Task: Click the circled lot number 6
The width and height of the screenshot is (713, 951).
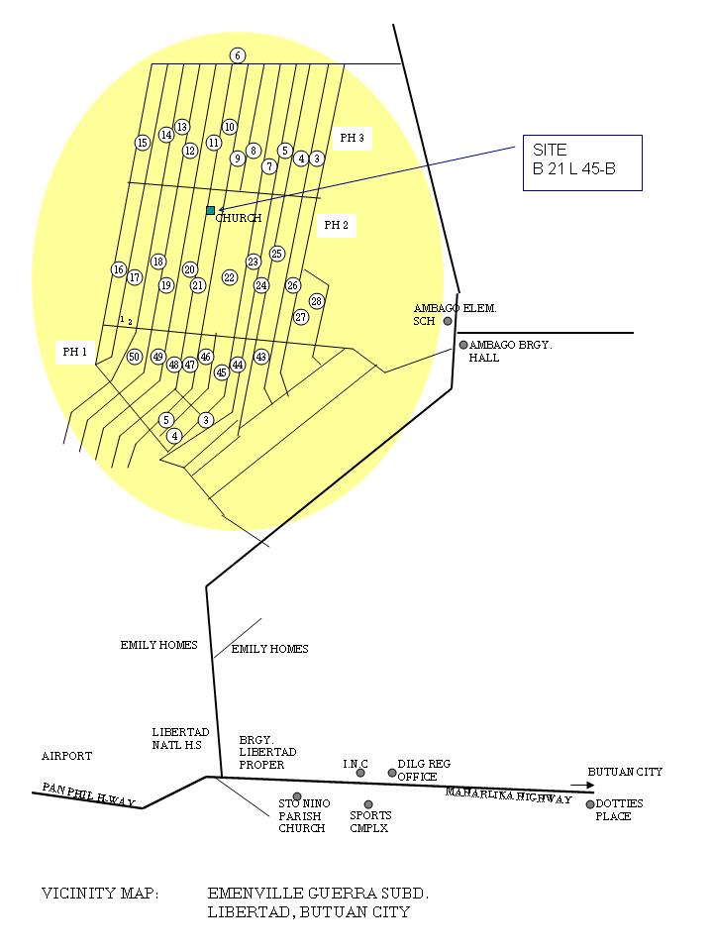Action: pyautogui.click(x=238, y=55)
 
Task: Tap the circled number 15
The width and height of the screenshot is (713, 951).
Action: pyautogui.click(x=143, y=143)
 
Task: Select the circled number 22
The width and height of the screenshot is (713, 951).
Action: pyautogui.click(x=230, y=277)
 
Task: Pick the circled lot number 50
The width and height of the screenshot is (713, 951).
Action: pyautogui.click(x=135, y=357)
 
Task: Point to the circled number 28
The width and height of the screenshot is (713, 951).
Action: pyautogui.click(x=317, y=301)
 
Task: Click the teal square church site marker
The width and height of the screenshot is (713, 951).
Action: pyautogui.click(x=210, y=210)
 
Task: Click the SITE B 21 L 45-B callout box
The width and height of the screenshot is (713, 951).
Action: pyautogui.click(x=582, y=161)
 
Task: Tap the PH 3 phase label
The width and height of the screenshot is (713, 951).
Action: pyautogui.click(x=353, y=139)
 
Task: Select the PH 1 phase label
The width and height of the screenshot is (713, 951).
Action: pyautogui.click(x=75, y=352)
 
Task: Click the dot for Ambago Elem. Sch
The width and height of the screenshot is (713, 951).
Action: pyautogui.click(x=448, y=321)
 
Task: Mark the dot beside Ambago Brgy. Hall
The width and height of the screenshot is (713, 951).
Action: pyautogui.click(x=462, y=345)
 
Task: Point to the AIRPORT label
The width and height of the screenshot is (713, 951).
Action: pyautogui.click(x=66, y=756)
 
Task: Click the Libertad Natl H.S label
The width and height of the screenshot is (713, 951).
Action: pyautogui.click(x=180, y=738)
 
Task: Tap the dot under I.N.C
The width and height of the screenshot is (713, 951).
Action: pyautogui.click(x=360, y=773)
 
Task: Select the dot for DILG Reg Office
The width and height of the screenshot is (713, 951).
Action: pyautogui.click(x=392, y=773)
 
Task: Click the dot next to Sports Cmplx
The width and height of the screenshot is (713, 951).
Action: pyautogui.click(x=368, y=804)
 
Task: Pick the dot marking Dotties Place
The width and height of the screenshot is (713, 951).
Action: pyautogui.click(x=590, y=804)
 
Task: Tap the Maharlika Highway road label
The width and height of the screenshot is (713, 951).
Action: pyautogui.click(x=508, y=795)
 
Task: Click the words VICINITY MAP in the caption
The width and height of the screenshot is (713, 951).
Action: pyautogui.click(x=99, y=894)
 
